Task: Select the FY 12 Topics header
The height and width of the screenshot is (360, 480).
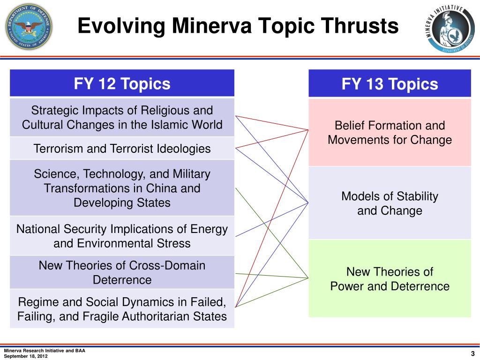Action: [x=122, y=84]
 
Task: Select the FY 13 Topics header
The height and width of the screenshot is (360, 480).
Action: [x=390, y=84]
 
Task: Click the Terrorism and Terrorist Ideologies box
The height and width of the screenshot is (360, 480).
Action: [x=122, y=149]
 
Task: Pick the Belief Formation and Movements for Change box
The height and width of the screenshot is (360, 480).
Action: [x=390, y=133]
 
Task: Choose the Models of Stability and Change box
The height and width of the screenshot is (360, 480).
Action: [x=390, y=203]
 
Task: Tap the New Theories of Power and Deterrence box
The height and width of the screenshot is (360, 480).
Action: [x=390, y=279]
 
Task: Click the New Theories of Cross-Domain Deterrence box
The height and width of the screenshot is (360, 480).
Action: [x=122, y=272]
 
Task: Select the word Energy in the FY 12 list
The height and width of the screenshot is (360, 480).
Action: [x=209, y=229]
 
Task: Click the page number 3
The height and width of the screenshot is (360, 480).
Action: [x=472, y=354]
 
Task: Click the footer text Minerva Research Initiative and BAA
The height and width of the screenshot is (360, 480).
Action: [x=45, y=351]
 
